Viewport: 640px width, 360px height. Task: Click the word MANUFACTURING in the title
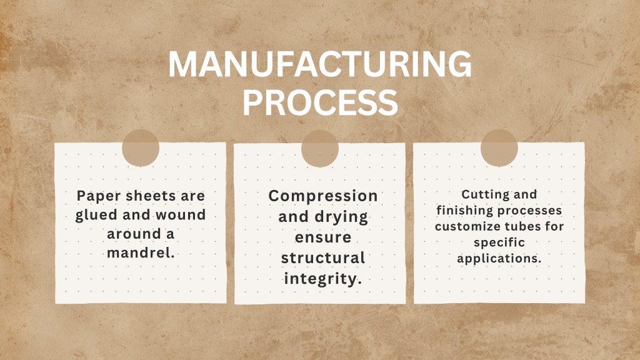320,64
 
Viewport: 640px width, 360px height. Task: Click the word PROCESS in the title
321,102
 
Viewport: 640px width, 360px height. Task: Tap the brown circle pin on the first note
141,147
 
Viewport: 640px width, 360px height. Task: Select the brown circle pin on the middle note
320,149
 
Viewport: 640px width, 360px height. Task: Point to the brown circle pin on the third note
499,147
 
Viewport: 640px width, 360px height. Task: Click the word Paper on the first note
99,196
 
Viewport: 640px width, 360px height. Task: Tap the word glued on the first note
96,215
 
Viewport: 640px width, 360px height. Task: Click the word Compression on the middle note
323,196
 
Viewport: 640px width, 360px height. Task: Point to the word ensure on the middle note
323,237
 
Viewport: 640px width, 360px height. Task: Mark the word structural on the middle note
323,258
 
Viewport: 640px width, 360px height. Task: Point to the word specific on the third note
499,242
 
